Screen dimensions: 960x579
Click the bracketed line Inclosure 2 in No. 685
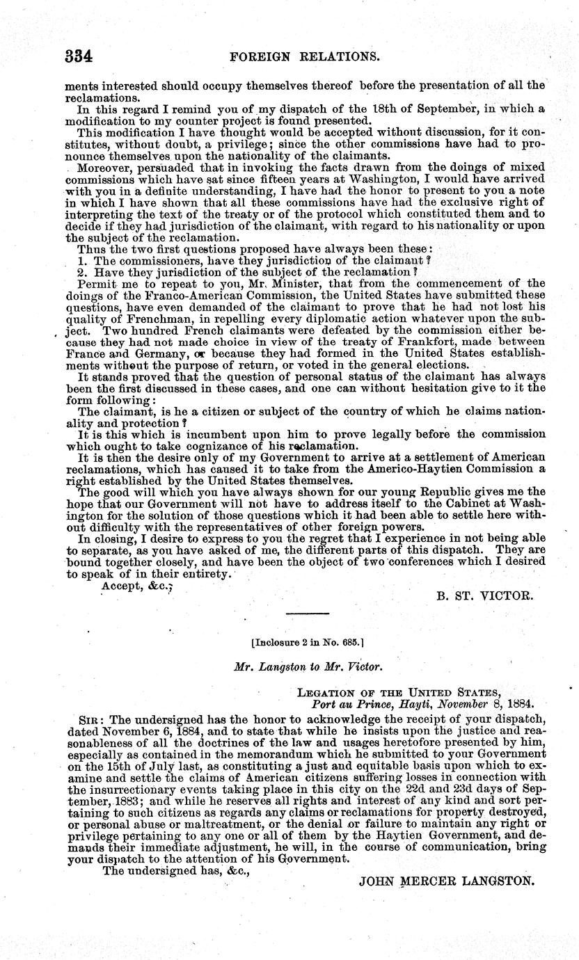point(306,643)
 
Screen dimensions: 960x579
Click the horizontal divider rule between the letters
point(307,613)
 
